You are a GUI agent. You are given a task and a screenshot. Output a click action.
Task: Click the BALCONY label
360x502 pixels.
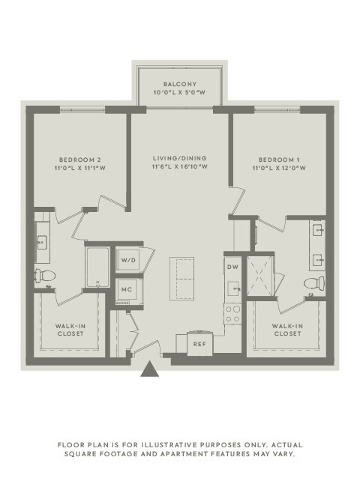click(x=180, y=83)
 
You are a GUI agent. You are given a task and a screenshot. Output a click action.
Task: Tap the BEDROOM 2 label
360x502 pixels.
click(x=79, y=159)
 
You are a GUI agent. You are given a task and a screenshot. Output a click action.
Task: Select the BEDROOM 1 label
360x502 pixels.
click(x=279, y=159)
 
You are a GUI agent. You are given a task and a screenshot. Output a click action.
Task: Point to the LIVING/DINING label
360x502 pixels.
click(x=180, y=158)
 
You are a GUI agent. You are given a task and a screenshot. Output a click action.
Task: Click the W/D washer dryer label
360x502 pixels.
click(x=129, y=260)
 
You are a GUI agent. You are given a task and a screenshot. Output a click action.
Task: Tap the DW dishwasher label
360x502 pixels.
click(x=232, y=266)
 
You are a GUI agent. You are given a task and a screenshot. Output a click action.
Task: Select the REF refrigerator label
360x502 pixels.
click(x=199, y=344)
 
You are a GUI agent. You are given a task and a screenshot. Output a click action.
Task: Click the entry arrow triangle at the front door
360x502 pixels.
click(x=150, y=369)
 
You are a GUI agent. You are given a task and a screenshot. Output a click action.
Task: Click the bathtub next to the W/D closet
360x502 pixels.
click(x=98, y=267)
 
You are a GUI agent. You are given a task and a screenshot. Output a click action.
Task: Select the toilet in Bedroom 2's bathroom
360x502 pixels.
click(x=42, y=276)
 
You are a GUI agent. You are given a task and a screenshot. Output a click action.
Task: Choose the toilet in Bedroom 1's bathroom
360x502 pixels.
click(x=318, y=283)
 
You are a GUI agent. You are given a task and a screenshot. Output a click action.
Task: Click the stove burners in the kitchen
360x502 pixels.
click(x=232, y=312)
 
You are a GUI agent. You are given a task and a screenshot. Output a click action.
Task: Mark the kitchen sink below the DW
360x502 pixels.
click(x=232, y=288)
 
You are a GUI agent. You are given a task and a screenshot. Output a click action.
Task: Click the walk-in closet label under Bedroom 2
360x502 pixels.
click(x=70, y=330)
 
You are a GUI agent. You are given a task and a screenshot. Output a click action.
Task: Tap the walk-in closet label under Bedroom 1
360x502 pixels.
click(x=288, y=330)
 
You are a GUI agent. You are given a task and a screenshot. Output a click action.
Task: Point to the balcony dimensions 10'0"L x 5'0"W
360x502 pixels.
click(x=180, y=93)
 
